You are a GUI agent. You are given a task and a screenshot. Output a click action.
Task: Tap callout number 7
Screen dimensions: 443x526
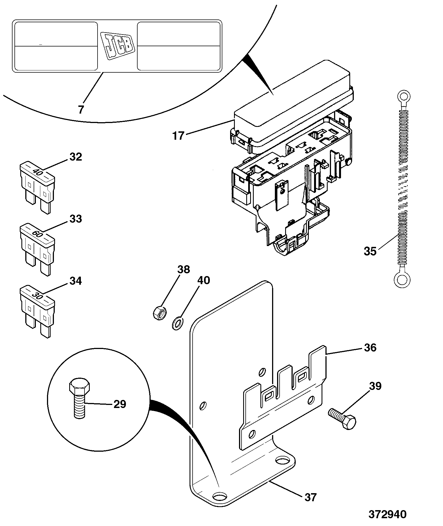(81, 110)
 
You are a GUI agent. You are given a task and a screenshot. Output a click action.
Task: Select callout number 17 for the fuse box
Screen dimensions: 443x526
(178, 136)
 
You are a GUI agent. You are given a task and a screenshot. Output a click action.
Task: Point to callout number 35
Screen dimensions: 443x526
(370, 251)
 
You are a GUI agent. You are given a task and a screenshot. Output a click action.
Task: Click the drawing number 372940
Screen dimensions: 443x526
(387, 514)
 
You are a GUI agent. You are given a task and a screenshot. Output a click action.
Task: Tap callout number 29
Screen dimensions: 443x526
(120, 404)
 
